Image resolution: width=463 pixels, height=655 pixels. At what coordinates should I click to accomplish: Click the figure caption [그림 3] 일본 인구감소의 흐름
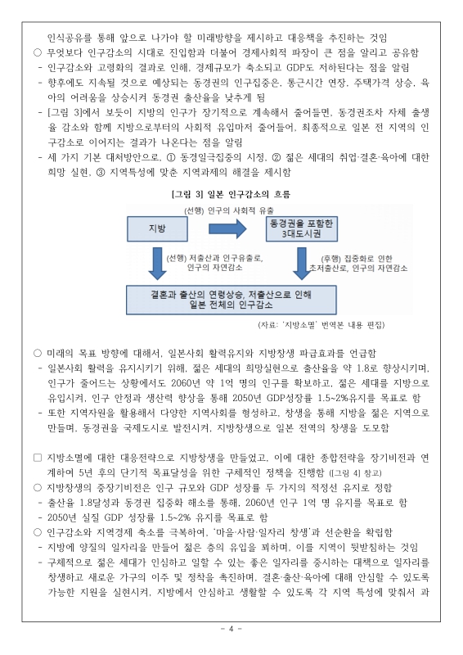coord(231,195)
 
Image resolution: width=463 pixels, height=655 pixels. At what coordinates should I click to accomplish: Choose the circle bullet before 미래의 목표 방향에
coord(38,353)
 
